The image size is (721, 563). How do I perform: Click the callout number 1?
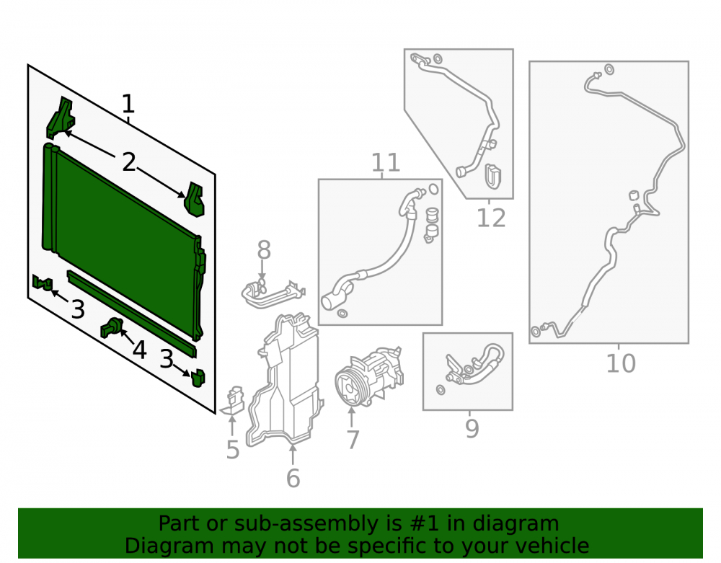[128, 104]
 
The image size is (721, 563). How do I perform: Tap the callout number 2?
[129, 162]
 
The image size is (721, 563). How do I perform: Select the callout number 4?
[139, 350]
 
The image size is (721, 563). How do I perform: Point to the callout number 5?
[233, 450]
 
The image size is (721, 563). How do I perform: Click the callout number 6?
[293, 478]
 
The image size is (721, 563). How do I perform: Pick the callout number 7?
[353, 440]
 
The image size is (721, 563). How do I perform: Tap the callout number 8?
[263, 250]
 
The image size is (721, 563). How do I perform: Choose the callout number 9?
[472, 428]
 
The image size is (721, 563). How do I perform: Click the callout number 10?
[621, 363]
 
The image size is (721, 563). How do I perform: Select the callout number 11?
[385, 162]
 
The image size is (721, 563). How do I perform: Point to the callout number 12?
[491, 218]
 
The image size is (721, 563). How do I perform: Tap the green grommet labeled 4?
[111, 327]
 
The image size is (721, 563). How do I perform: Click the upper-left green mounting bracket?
[61, 118]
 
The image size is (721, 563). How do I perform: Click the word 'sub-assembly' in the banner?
[306, 523]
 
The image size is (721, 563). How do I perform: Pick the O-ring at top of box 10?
[609, 69]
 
